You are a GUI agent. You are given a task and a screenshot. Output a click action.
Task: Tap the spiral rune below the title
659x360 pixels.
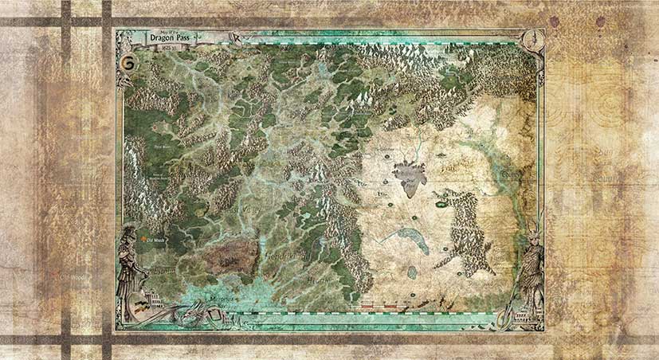point(125,61)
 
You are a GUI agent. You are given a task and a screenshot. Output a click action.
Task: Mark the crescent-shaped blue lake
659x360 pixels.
point(406,238)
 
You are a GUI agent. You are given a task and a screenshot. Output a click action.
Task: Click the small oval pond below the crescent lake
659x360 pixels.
point(412,272)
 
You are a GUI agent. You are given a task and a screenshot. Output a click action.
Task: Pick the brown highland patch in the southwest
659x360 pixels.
point(230,256)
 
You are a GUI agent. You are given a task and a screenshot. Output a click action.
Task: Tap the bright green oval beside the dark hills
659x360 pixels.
point(440,205)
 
